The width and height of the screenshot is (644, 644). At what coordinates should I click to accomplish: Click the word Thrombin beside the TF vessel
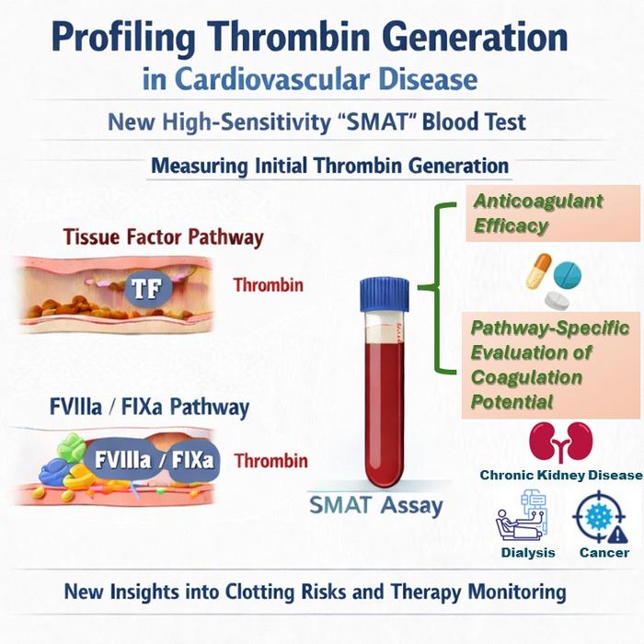click(x=268, y=285)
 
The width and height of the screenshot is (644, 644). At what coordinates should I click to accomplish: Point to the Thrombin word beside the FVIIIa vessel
click(x=270, y=460)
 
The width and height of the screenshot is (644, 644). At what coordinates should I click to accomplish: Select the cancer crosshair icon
click(x=604, y=516)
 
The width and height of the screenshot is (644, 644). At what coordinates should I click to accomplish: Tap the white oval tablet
click(x=557, y=299)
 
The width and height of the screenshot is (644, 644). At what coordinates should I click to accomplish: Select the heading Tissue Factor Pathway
click(x=164, y=237)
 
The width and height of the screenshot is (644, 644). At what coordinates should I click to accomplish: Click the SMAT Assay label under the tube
click(x=375, y=504)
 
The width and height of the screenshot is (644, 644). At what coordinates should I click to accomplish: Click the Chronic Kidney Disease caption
click(x=559, y=476)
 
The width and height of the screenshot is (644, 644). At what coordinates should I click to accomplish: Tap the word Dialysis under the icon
click(x=528, y=553)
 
